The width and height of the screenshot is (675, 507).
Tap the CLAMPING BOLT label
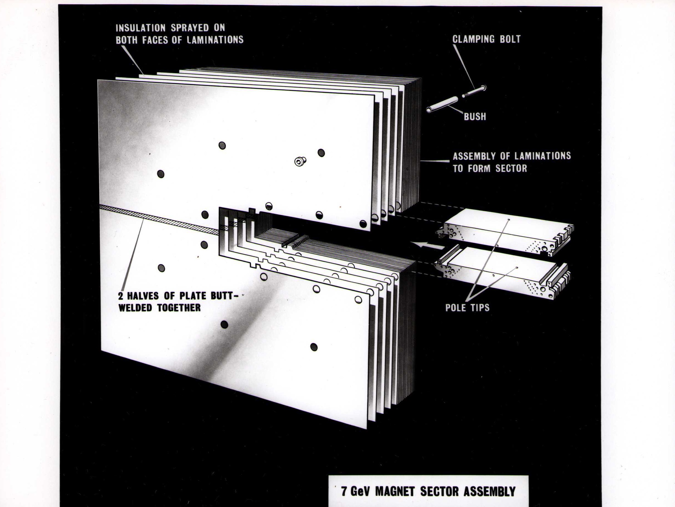(486, 39)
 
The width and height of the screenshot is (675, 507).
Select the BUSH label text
(475, 116)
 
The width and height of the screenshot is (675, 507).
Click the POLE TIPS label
(467, 308)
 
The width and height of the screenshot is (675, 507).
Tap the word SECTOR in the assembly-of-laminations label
(511, 168)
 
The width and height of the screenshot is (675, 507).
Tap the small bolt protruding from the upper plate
(300, 161)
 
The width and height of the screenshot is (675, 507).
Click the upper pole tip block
(505, 232)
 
